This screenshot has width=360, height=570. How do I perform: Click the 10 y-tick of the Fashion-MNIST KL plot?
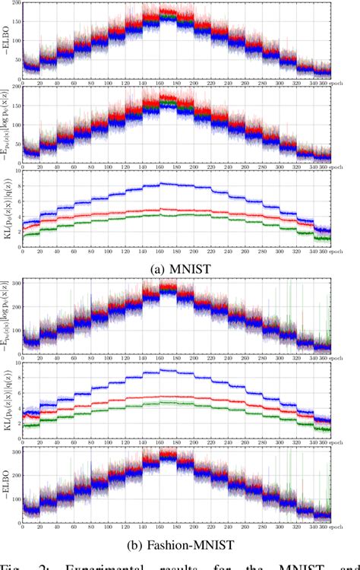tap(17, 364)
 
